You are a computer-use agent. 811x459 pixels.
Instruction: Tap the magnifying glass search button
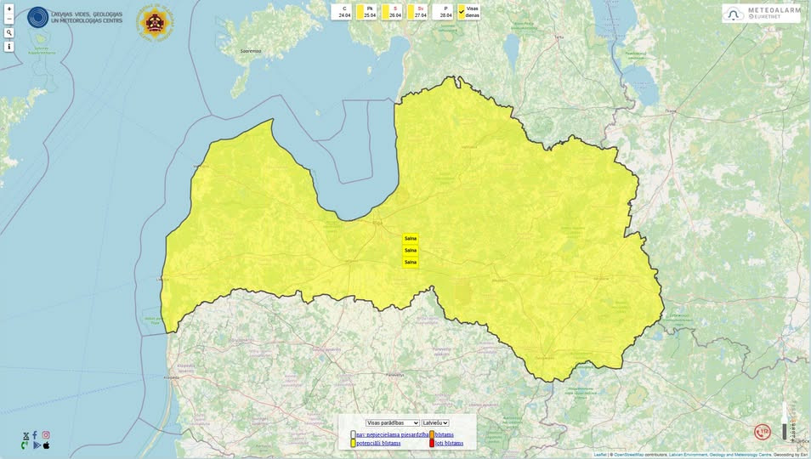coord(9,32)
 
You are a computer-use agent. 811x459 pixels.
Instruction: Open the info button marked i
coord(9,47)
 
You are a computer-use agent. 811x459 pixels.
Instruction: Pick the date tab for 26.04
coord(394,11)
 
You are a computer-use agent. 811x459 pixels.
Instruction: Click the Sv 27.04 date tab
coord(419,11)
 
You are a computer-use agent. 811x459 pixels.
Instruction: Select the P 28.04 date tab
coord(445,11)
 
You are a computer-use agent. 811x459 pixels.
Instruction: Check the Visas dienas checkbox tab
coord(468,11)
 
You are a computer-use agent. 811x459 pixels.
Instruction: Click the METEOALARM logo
coord(762,13)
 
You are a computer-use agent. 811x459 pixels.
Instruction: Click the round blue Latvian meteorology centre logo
coord(38,17)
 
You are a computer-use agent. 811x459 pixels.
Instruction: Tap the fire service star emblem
coord(155,23)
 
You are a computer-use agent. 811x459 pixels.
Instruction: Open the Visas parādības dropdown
coord(392,422)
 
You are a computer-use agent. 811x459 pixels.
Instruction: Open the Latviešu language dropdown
coord(435,422)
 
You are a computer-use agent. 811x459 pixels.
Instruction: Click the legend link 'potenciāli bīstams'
coord(378,443)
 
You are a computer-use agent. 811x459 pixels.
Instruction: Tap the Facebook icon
coord(35,434)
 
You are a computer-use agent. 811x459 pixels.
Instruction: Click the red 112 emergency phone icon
coord(762,432)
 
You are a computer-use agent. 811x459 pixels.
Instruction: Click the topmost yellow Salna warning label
coord(411,239)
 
